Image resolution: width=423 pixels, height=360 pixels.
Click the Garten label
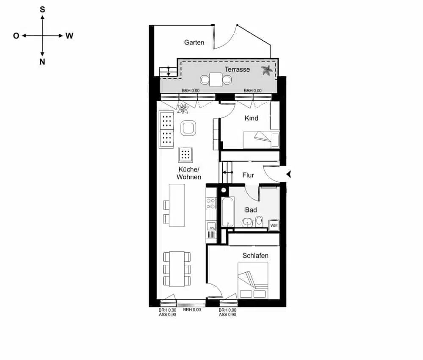[x=194, y=42]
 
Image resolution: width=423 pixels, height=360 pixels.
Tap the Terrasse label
[x=237, y=69]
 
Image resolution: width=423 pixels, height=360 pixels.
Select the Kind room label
[x=251, y=118]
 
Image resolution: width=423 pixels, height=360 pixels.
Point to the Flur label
[x=248, y=175]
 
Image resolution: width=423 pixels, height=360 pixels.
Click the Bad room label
[x=251, y=210]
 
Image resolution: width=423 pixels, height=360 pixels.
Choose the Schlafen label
[x=255, y=256]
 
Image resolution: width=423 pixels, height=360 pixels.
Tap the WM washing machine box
[x=274, y=226]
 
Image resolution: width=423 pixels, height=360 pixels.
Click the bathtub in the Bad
[x=228, y=212]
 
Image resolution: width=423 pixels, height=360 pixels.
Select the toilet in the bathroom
[x=259, y=221]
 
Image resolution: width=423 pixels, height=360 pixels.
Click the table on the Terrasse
[x=216, y=79]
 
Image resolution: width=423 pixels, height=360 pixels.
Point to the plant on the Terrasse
[x=267, y=71]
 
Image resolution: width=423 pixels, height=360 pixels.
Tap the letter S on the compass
[x=42, y=9]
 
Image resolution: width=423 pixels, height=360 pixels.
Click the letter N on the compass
[x=42, y=62]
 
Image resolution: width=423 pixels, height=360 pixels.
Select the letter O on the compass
[x=16, y=36]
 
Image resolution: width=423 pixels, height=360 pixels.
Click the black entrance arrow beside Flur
[x=289, y=174]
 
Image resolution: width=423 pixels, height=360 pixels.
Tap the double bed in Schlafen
[x=253, y=280]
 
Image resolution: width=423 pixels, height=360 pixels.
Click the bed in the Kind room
[x=261, y=139]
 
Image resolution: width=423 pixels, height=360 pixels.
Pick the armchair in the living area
[x=188, y=127]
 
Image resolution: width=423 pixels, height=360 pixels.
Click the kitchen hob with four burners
[x=211, y=204]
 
